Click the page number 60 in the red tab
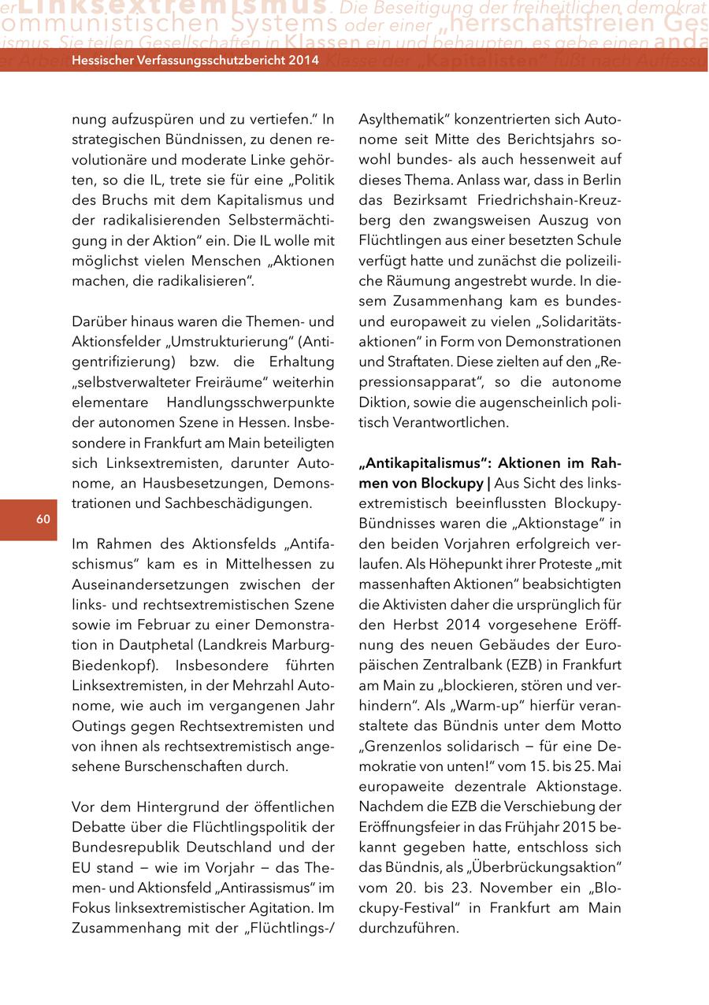tap(43, 518)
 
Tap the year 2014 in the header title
tap(303, 60)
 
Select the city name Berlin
tap(601, 180)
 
